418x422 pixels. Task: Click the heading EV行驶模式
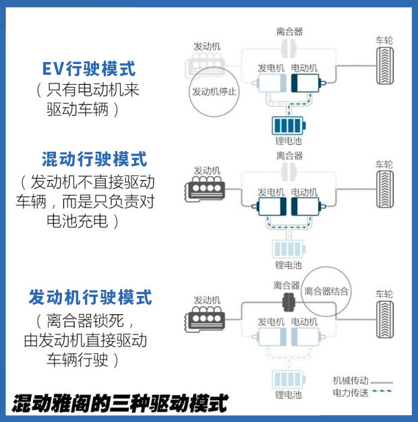(x=88, y=69)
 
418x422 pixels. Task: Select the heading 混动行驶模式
(x=94, y=160)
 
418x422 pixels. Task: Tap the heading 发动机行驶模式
(x=90, y=297)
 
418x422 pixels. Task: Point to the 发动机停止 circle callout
(x=214, y=92)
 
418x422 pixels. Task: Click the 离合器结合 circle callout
(x=326, y=291)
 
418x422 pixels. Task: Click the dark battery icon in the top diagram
(x=289, y=125)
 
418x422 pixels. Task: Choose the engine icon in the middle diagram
(x=206, y=190)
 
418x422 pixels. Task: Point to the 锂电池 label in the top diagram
(x=289, y=142)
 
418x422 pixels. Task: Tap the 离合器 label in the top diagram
(x=289, y=31)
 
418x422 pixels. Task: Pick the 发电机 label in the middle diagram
(x=272, y=192)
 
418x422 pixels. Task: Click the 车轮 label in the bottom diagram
(x=384, y=294)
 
